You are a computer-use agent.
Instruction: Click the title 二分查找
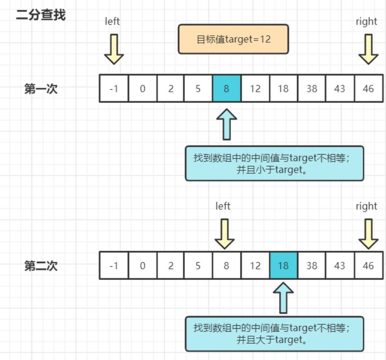[40, 15]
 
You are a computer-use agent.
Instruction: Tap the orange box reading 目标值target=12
[233, 39]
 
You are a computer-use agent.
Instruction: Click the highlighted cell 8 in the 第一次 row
[226, 89]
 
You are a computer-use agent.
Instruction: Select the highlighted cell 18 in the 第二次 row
[283, 265]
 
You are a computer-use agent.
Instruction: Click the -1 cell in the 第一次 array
[114, 89]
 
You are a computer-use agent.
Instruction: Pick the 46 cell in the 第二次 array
[368, 265]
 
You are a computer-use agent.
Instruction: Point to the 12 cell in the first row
[255, 89]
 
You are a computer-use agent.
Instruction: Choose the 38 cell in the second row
[311, 265]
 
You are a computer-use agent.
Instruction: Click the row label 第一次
[41, 89]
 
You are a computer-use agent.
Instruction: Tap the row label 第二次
[41, 265]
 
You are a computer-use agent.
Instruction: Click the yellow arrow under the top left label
[114, 49]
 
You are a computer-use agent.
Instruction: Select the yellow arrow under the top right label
[368, 49]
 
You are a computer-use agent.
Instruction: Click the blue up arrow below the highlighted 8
[226, 124]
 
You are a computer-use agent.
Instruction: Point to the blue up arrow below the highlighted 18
[283, 297]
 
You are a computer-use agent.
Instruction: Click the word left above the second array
[223, 206]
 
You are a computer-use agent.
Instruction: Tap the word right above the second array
[366, 206]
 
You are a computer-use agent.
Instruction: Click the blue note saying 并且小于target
[274, 163]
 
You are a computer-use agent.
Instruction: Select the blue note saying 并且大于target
[274, 334]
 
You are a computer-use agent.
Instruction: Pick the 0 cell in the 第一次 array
[143, 89]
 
